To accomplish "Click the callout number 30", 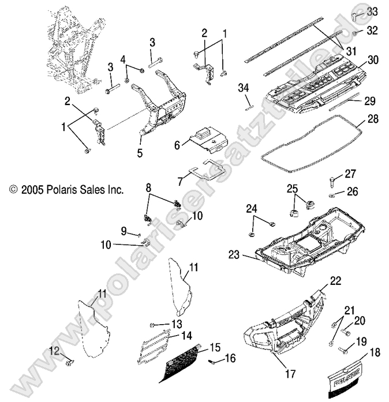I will [373, 60].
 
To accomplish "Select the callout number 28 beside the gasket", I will [373, 119].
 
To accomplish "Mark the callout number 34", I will [244, 87].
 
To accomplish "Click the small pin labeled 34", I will [245, 104].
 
